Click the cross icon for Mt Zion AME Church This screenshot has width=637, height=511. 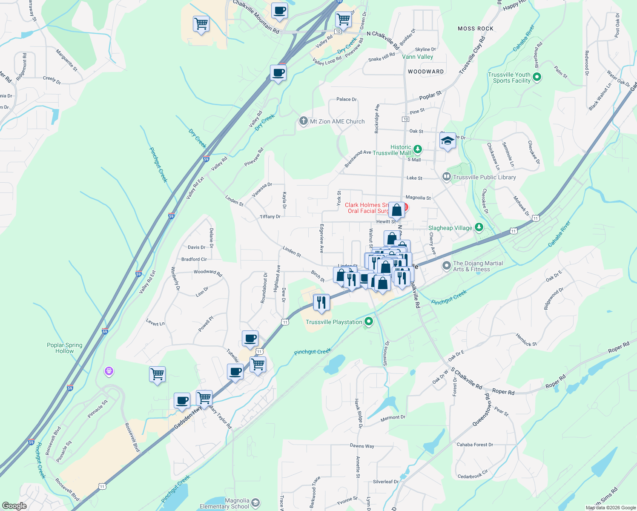pyautogui.click(x=303, y=121)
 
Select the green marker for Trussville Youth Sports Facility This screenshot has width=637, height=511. pyautogui.click(x=537, y=77)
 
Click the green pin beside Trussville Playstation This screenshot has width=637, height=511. pyautogui.click(x=369, y=322)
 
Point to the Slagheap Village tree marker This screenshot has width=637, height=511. pyautogui.click(x=479, y=227)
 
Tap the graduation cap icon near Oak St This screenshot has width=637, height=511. pyautogui.click(x=448, y=141)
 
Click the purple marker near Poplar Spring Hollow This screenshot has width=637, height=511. pyautogui.click(x=109, y=371)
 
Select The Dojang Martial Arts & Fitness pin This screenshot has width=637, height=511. pyautogui.click(x=446, y=266)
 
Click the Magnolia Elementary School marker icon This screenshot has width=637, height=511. pyautogui.click(x=255, y=503)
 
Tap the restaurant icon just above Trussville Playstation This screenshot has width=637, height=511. pyautogui.click(x=321, y=302)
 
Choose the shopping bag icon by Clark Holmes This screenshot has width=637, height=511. pyautogui.click(x=396, y=210)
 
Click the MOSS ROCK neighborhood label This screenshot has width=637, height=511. pyautogui.click(x=475, y=29)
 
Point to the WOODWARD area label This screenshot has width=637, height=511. pyautogui.click(x=426, y=72)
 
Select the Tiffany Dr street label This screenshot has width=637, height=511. pyautogui.click(x=270, y=217)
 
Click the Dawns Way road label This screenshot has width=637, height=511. pyautogui.click(x=362, y=446)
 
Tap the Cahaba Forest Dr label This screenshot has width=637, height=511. pyautogui.click(x=475, y=445)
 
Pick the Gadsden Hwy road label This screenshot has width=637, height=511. pyautogui.click(x=188, y=420)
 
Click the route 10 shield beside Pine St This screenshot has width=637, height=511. pyautogui.click(x=405, y=119)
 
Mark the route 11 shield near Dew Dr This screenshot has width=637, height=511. pyautogui.click(x=285, y=322)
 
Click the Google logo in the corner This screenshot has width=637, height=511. pyautogui.click(x=14, y=505)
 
